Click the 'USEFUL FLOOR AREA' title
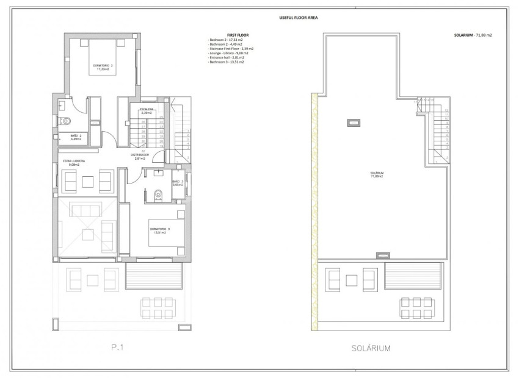click(x=259, y=17)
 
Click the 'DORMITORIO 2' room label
click(x=103, y=66)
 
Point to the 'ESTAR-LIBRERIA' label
click(x=74, y=162)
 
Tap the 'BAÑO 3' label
click(x=178, y=183)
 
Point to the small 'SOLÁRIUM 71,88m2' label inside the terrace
click(x=377, y=174)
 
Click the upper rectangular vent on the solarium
click(x=354, y=123)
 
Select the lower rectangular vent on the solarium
click(x=382, y=254)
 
